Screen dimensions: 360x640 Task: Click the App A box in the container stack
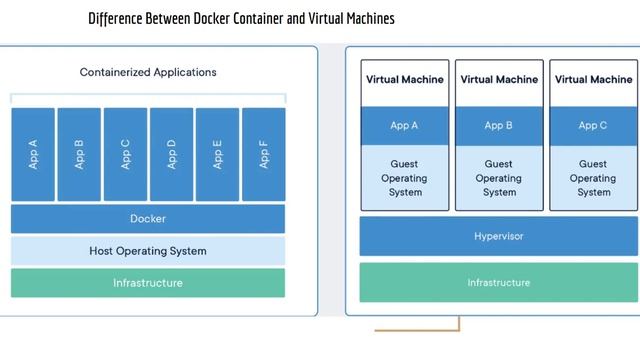pyautogui.click(x=33, y=154)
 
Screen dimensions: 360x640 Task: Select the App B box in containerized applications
pyautogui.click(x=79, y=154)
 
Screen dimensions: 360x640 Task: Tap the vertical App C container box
pyautogui.click(x=125, y=154)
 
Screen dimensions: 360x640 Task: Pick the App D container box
pyautogui.click(x=171, y=154)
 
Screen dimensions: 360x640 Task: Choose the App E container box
pyautogui.click(x=217, y=154)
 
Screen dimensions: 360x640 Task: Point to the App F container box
pyautogui.click(x=263, y=154)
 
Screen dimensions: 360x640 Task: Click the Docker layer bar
pyautogui.click(x=148, y=219)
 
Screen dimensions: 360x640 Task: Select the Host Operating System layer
pyautogui.click(x=148, y=251)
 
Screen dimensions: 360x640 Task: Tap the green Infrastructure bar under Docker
pyautogui.click(x=148, y=283)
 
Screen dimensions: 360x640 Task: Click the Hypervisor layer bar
pyautogui.click(x=499, y=237)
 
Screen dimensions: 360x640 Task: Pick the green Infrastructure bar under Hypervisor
pyautogui.click(x=499, y=283)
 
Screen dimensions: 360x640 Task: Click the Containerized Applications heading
pyautogui.click(x=148, y=72)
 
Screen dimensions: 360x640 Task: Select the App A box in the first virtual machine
pyautogui.click(x=405, y=126)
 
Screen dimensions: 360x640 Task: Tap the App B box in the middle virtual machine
pyautogui.click(x=499, y=126)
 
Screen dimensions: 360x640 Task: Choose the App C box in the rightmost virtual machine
pyautogui.click(x=593, y=126)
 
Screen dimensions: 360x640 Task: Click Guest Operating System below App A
pyautogui.click(x=405, y=178)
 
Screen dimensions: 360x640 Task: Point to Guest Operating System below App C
pyautogui.click(x=593, y=178)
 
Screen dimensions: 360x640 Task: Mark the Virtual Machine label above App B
pyautogui.click(x=499, y=80)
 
